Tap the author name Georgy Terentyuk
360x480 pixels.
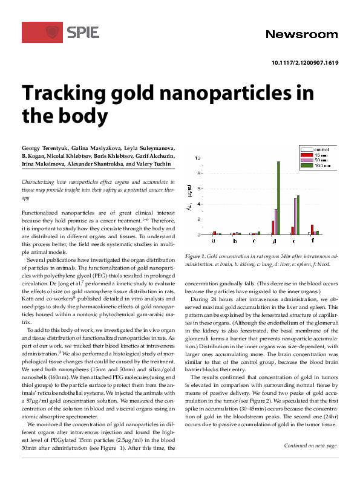[x=46, y=148]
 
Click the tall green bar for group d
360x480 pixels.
[x=279, y=197]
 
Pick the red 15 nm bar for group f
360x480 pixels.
[x=312, y=230]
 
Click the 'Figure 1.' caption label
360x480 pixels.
[x=197, y=256]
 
